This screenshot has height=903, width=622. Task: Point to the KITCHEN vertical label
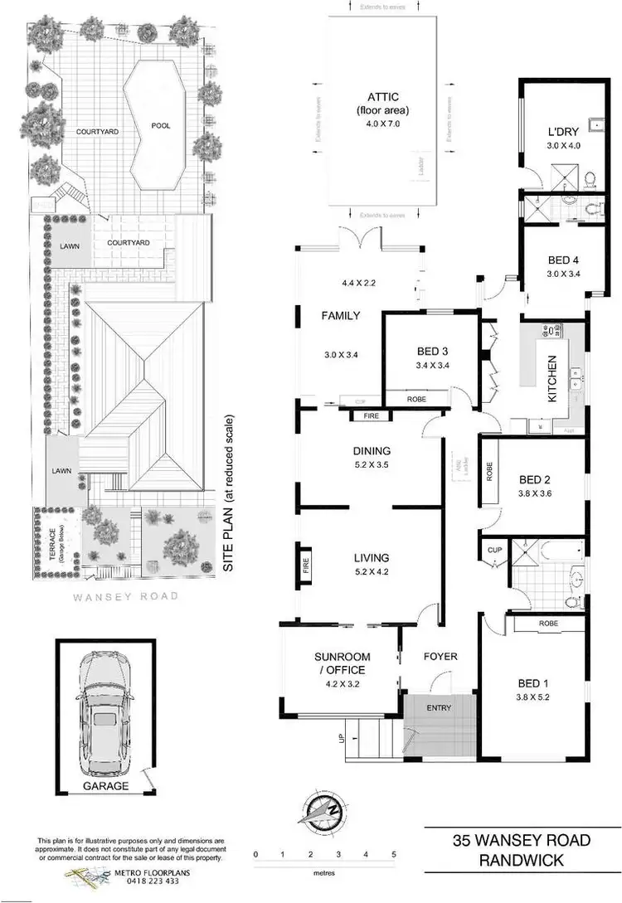552,379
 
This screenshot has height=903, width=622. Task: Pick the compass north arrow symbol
324,810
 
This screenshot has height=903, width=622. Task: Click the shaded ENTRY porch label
440,708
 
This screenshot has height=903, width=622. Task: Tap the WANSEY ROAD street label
125,595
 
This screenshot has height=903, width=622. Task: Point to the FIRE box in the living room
305,566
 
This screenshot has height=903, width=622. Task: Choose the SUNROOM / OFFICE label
341,663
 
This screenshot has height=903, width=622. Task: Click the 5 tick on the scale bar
393,854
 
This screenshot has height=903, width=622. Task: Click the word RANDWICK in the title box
522,862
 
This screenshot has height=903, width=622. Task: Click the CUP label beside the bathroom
494,550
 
